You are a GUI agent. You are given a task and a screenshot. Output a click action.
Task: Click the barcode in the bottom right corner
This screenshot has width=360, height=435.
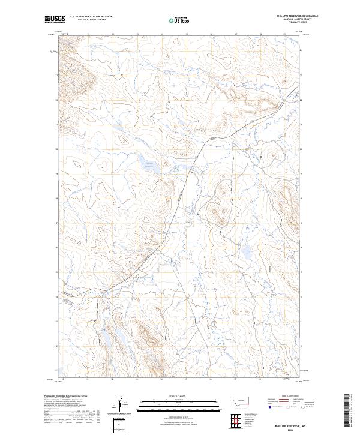(x=348, y=412)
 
